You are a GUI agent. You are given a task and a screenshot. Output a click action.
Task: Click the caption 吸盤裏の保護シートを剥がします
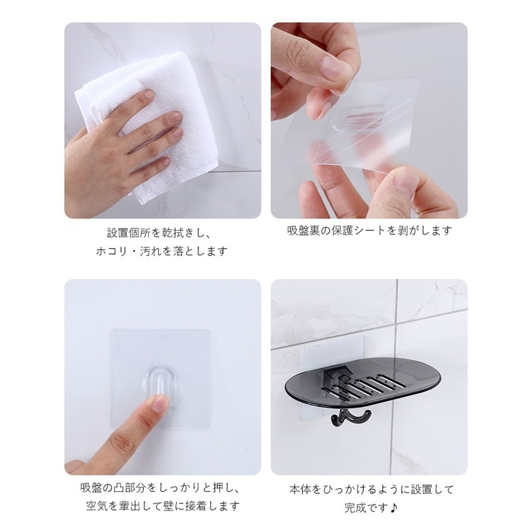tap(370, 231)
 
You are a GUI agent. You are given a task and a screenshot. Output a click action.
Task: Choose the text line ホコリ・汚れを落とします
tap(162, 252)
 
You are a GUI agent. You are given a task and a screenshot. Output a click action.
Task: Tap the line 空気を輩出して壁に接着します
tap(162, 506)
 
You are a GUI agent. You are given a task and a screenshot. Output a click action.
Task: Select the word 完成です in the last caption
tap(365, 508)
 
